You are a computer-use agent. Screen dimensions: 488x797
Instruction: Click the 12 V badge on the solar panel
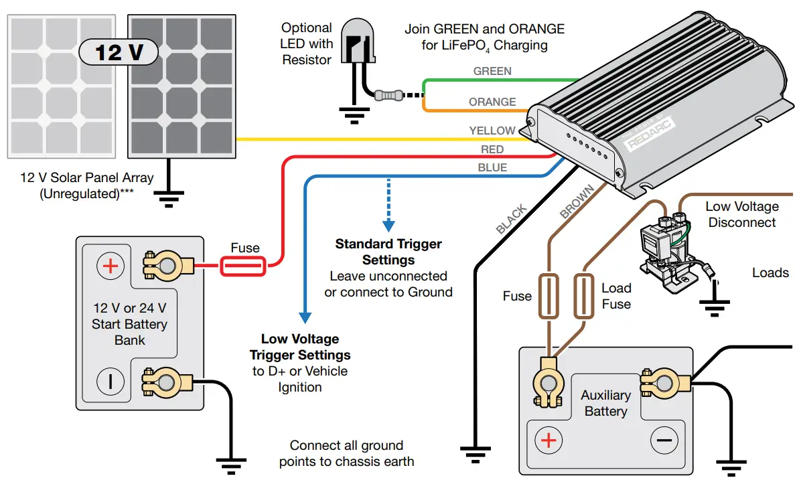click(119, 52)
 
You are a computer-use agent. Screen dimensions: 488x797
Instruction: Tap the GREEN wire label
click(492, 71)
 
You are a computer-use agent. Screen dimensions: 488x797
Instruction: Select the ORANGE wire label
click(492, 102)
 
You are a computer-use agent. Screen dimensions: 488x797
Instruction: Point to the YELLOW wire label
click(492, 131)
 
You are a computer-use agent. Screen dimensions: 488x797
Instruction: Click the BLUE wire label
click(492, 167)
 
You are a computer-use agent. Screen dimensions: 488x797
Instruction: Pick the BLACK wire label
click(512, 220)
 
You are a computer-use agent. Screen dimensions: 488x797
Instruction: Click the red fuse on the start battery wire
click(242, 268)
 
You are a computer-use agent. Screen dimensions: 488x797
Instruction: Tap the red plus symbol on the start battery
click(111, 266)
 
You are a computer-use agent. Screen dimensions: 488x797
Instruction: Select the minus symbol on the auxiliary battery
click(664, 440)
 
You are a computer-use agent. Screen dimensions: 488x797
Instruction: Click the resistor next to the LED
click(389, 96)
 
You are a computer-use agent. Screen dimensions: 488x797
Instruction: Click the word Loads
click(770, 272)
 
